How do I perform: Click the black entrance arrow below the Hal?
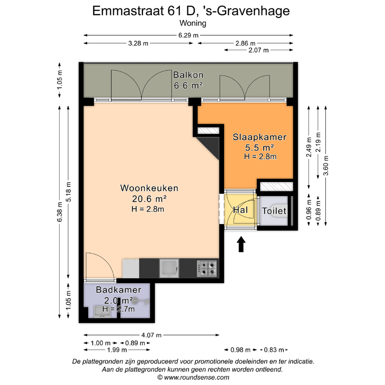click(242, 244)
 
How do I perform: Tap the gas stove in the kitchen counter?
click(207, 268)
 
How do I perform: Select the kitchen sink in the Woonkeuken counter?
click(169, 268)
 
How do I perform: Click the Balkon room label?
click(188, 75)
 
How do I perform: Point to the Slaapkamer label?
click(260, 137)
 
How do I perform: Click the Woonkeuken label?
click(149, 188)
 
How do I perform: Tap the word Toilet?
click(274, 211)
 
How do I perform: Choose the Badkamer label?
click(118, 290)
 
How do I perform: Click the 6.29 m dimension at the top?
click(188, 36)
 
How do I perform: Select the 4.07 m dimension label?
click(151, 335)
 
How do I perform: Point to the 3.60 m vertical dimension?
click(326, 165)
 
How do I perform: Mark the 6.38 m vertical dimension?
click(60, 212)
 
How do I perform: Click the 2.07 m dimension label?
click(259, 50)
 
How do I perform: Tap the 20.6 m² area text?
click(149, 199)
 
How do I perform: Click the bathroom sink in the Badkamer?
click(103, 312)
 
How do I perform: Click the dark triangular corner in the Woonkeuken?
click(211, 146)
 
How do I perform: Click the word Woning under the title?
click(192, 23)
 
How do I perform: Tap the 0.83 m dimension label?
click(274, 350)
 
